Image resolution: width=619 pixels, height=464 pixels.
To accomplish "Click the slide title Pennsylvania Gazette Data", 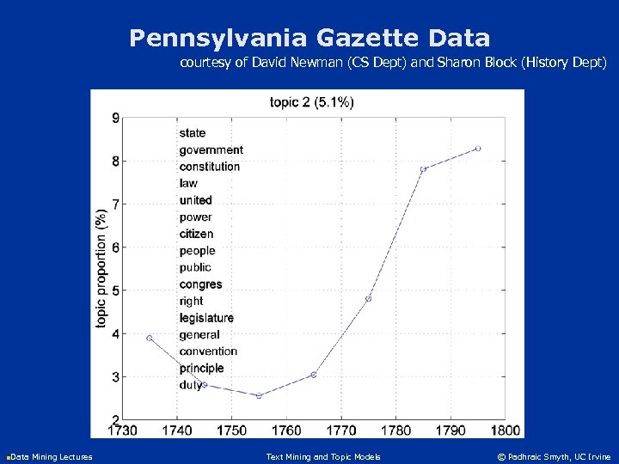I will click(309, 38).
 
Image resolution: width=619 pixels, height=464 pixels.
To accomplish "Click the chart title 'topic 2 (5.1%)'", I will click(311, 102).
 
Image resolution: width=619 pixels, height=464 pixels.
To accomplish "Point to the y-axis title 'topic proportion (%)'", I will click(101, 266).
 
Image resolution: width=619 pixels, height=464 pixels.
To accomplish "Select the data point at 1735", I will click(150, 338).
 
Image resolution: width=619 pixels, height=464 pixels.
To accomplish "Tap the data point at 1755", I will click(259, 395).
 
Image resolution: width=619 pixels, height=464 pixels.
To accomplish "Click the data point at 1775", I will click(368, 299).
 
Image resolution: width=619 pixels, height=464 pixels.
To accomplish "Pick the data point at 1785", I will click(423, 169).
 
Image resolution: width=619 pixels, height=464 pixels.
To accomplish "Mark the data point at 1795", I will click(478, 149).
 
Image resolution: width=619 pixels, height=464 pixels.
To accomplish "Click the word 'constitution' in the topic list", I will click(210, 167).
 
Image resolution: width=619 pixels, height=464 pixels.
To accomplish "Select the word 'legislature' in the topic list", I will click(206, 318).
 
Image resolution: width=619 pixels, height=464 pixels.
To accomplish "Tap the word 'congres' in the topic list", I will click(200, 284).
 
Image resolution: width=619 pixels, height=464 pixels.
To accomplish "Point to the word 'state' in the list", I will click(193, 133).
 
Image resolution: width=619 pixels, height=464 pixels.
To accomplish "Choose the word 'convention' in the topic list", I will click(208, 351).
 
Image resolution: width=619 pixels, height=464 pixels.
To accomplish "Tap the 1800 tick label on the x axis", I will click(505, 430).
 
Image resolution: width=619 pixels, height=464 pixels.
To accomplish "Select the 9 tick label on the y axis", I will click(116, 119).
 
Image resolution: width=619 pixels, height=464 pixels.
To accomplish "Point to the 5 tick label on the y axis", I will click(116, 290).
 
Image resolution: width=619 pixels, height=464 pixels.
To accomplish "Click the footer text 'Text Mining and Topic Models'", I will click(323, 456).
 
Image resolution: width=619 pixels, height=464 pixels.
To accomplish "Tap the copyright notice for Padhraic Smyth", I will click(554, 456).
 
